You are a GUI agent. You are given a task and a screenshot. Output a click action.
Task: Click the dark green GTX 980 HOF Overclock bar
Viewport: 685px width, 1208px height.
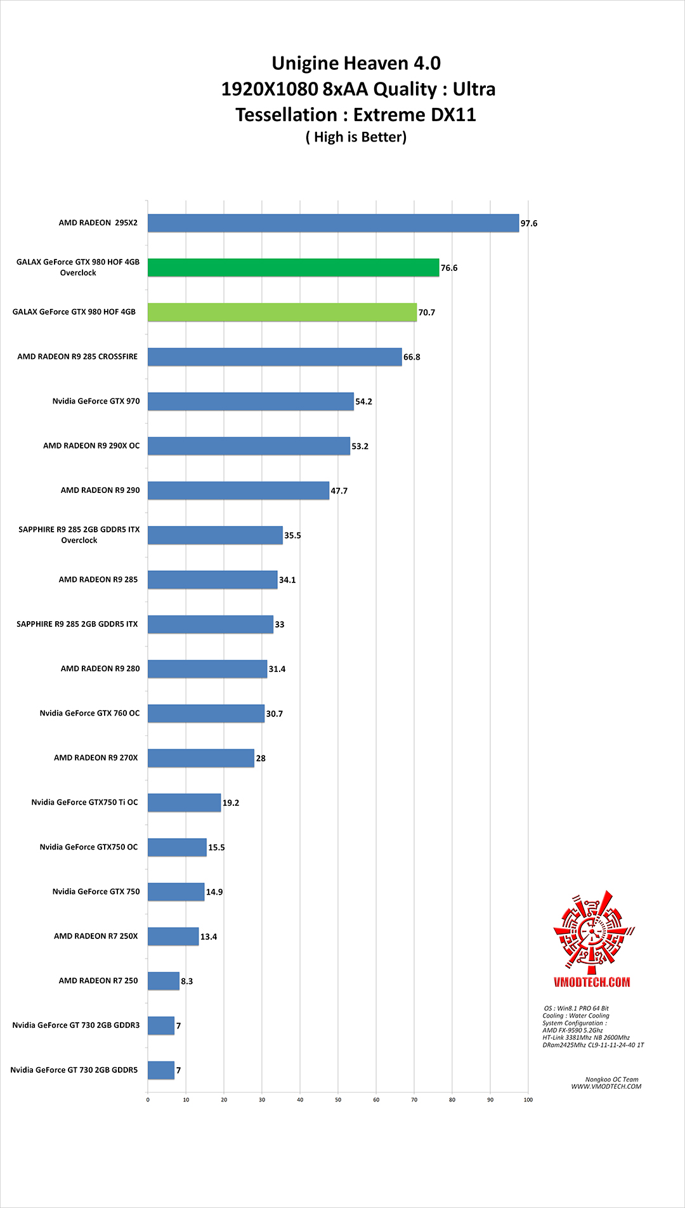(293, 268)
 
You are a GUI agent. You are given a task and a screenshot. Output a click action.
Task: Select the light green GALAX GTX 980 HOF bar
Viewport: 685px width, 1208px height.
(282, 312)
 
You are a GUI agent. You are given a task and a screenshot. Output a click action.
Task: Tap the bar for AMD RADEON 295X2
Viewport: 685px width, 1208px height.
(333, 223)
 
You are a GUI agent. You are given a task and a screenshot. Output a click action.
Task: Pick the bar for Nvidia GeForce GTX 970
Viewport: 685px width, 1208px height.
(251, 402)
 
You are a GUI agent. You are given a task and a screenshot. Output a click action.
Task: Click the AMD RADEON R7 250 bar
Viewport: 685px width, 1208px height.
(164, 981)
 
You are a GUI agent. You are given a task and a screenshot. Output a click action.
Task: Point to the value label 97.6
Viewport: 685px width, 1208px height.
(529, 223)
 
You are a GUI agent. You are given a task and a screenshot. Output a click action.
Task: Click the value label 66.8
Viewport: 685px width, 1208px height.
(412, 357)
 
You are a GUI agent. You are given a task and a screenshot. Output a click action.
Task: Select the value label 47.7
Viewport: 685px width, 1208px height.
(339, 491)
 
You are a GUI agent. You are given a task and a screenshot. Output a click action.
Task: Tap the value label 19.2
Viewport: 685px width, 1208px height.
(231, 803)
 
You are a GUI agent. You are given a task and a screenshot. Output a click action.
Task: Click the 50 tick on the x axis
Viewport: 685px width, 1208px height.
(338, 1100)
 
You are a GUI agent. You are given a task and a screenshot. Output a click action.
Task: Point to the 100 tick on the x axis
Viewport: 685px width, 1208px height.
(528, 1100)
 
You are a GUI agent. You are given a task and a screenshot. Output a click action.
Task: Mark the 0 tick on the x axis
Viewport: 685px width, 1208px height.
(148, 1100)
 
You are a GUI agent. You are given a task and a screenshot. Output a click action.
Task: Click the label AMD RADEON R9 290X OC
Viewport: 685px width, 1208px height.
(91, 446)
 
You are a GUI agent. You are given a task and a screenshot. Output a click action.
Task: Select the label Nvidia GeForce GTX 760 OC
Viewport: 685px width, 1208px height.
(89, 713)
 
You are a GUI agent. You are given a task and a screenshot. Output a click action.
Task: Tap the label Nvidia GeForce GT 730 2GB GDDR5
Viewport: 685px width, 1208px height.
(74, 1070)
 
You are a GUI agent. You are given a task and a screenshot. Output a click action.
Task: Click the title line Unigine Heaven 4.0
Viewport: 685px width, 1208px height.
(356, 63)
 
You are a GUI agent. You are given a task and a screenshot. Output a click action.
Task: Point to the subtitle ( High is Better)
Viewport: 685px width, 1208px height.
(356, 137)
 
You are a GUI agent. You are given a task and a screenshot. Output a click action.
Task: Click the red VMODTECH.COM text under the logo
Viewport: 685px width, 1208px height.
(592, 982)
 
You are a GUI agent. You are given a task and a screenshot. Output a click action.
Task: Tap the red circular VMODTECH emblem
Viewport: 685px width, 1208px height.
(593, 931)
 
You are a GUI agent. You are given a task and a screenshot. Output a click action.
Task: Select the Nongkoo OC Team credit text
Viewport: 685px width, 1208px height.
(611, 1079)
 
